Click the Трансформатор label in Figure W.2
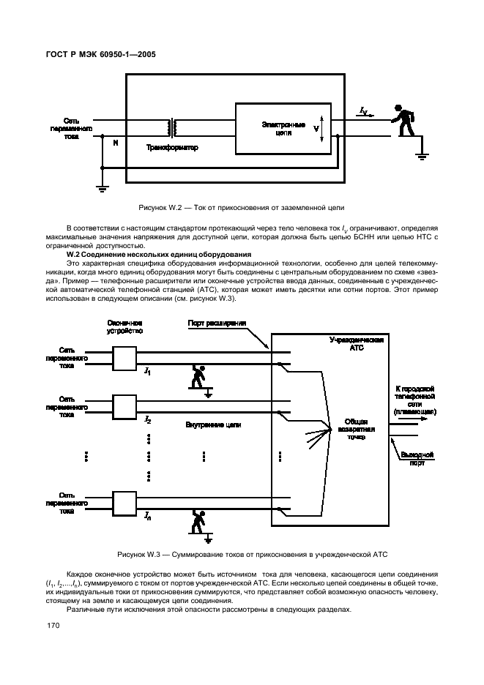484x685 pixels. (172, 148)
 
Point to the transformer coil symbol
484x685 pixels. (174, 128)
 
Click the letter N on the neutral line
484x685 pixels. (115, 142)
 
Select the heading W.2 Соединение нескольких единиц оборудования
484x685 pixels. (159, 254)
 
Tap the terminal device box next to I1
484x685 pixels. (125, 356)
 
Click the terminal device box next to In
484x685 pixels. (125, 503)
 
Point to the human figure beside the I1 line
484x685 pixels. (198, 375)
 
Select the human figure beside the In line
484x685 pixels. (198, 521)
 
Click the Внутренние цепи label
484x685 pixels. (213, 424)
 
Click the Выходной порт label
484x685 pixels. (418, 458)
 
